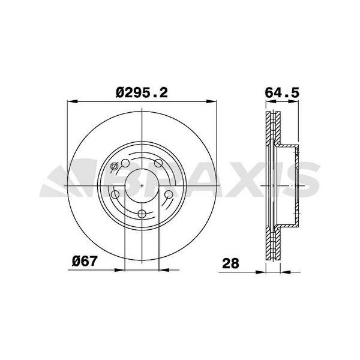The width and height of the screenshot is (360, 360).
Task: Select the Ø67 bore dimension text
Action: [x=85, y=262]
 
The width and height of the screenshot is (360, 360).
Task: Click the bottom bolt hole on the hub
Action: [x=142, y=215]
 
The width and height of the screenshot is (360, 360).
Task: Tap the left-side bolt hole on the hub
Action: [x=114, y=194]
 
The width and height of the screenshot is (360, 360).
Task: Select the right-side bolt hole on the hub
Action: [x=169, y=194]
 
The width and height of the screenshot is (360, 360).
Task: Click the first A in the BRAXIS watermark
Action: [x=192, y=180]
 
